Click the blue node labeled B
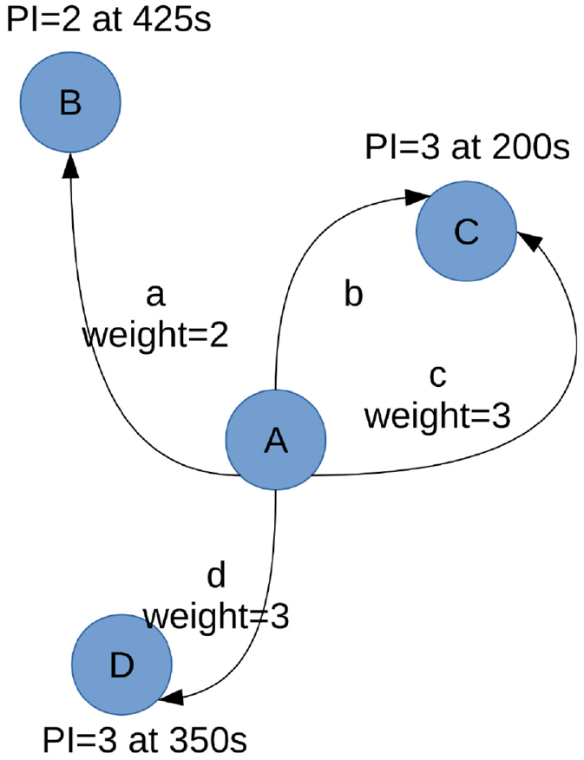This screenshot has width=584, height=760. [x=70, y=102]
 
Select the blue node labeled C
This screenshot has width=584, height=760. [x=466, y=231]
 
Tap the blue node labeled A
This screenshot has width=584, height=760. [x=276, y=440]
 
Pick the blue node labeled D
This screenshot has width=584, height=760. [x=121, y=665]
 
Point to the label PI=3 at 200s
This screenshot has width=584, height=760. [x=467, y=147]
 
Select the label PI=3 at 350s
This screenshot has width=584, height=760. [x=145, y=740]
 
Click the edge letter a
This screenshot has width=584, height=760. [x=155, y=296]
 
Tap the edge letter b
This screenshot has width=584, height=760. [x=353, y=293]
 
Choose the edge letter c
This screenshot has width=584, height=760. [x=437, y=377]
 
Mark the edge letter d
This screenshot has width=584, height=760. [x=216, y=575]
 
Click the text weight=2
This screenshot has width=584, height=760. [x=155, y=336]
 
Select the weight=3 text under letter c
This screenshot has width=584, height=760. [x=437, y=416]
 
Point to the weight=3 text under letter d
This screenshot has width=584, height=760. [x=216, y=617]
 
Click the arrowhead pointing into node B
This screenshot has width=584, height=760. [x=71, y=165]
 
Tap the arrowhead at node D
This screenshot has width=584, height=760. [x=171, y=698]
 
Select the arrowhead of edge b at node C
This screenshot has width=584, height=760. [x=417, y=196]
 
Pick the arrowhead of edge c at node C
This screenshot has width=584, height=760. [x=529, y=241]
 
